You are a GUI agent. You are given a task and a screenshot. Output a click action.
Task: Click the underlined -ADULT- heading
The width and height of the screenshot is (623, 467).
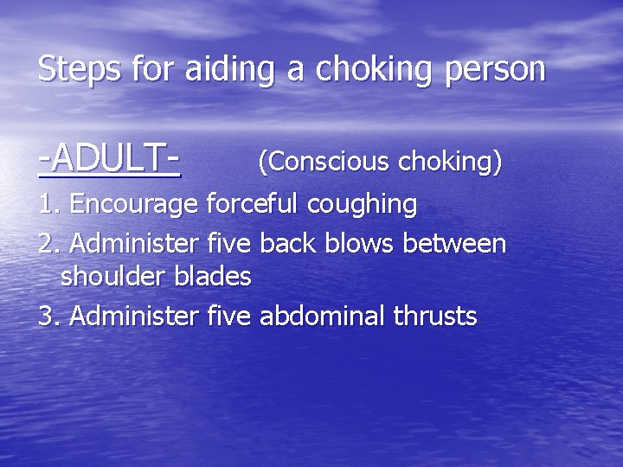109,159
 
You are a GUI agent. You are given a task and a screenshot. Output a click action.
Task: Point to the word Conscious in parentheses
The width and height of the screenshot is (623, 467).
328,161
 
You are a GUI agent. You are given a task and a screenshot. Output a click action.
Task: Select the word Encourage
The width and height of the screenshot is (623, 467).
136,206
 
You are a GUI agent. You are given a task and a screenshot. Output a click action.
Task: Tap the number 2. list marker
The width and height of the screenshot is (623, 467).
49,243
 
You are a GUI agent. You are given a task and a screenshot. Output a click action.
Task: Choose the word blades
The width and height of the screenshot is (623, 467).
212,277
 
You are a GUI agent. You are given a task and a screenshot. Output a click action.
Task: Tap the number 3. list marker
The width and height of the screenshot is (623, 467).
49,316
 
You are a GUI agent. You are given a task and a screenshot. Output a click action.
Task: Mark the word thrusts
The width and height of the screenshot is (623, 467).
435,316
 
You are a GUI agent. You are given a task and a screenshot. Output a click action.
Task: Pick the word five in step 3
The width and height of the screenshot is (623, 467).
228,316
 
